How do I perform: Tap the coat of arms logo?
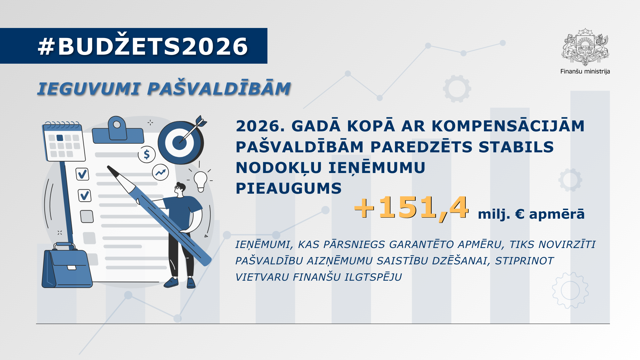tap(585, 47)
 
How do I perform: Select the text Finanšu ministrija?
tap(585, 71)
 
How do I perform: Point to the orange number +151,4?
tap(411, 208)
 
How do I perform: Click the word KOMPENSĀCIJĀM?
tap(508, 126)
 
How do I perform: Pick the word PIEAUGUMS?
tap(289, 188)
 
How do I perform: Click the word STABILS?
tap(516, 147)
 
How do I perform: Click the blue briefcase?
tap(67, 266)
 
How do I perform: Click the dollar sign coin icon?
tap(147, 154)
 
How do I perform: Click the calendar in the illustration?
tap(64, 142)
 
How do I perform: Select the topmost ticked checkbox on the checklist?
tap(82, 174)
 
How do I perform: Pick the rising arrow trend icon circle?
tap(160, 172)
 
